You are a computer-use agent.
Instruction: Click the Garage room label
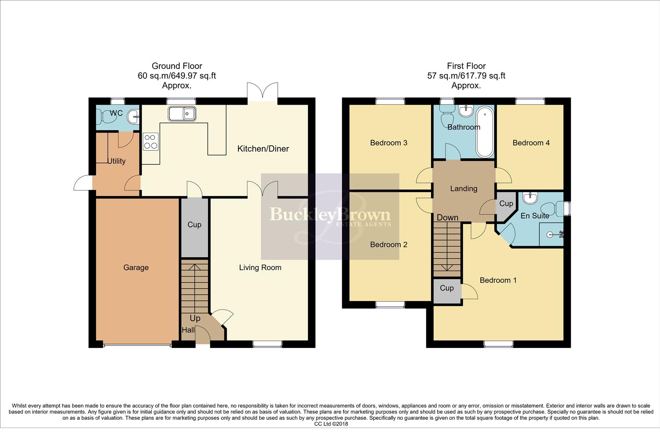(136, 267)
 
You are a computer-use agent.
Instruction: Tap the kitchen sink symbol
(182, 114)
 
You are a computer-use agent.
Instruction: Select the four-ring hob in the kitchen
(150, 141)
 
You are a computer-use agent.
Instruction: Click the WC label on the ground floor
(116, 113)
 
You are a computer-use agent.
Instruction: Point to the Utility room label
(116, 161)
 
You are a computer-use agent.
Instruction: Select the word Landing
(463, 188)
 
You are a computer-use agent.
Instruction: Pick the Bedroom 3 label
(388, 143)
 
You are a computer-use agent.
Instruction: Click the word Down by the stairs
(447, 218)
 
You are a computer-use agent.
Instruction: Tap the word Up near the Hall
(195, 318)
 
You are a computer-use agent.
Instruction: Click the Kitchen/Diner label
(263, 149)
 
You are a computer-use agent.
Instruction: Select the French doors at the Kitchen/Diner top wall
(263, 92)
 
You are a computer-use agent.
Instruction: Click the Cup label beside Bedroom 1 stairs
(447, 288)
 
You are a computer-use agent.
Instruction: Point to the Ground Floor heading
(177, 66)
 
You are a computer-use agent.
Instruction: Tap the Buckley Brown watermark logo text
(330, 215)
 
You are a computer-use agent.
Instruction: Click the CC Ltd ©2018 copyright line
(331, 424)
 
